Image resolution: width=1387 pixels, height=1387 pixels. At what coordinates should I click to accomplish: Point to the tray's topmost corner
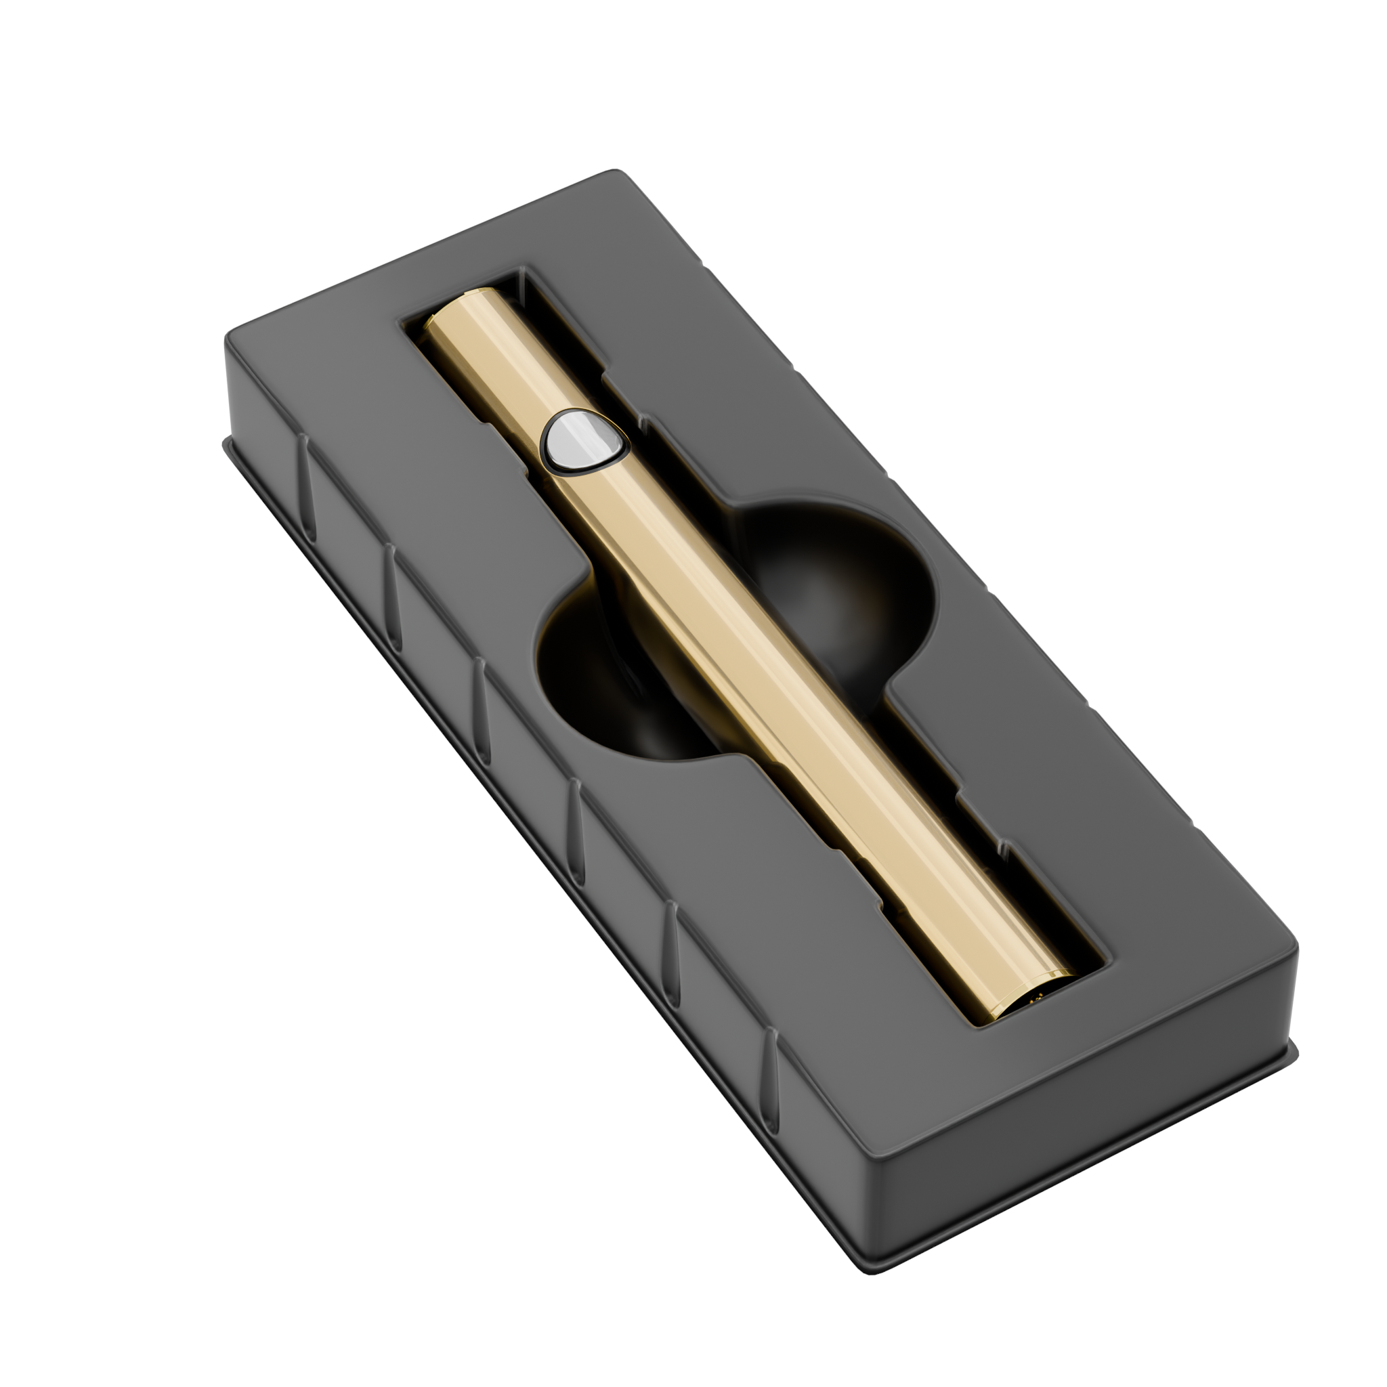pyautogui.click(x=614, y=172)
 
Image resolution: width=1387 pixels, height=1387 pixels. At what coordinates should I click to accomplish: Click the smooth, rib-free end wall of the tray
pyautogui.click(x=1077, y=1120)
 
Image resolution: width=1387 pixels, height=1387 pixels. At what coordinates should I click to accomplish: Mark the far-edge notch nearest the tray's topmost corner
pyautogui.click(x=707, y=271)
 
